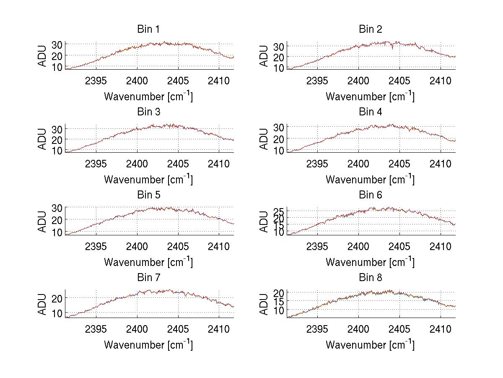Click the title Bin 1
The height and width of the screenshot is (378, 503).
(x=148, y=29)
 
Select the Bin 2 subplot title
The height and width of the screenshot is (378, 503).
(x=371, y=29)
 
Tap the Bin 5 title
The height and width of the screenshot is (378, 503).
(x=148, y=195)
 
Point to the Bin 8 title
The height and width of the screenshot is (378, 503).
(x=371, y=278)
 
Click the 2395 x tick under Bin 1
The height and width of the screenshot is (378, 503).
(x=96, y=81)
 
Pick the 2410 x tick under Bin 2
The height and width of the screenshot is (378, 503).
(x=440, y=81)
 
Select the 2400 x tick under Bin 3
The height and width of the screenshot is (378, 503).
(x=137, y=163)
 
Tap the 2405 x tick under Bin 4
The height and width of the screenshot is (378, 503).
(x=399, y=163)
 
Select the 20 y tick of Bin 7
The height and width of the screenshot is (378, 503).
(x=58, y=298)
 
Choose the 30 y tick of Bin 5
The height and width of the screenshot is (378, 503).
(x=58, y=208)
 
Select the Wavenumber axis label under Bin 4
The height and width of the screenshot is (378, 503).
(x=370, y=179)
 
